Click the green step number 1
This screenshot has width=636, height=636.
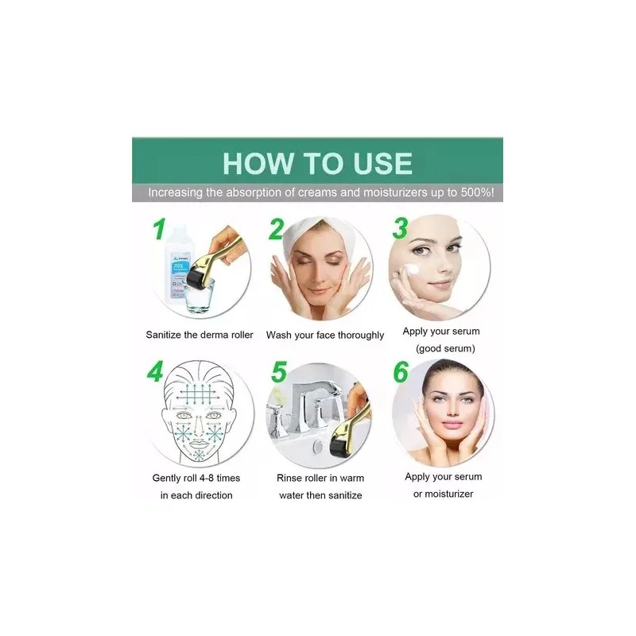160,231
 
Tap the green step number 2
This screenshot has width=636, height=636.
276,231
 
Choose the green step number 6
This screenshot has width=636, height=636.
401,373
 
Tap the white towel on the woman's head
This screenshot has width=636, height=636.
313,231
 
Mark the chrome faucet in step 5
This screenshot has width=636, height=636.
315,398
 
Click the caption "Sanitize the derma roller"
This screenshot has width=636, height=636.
200,335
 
